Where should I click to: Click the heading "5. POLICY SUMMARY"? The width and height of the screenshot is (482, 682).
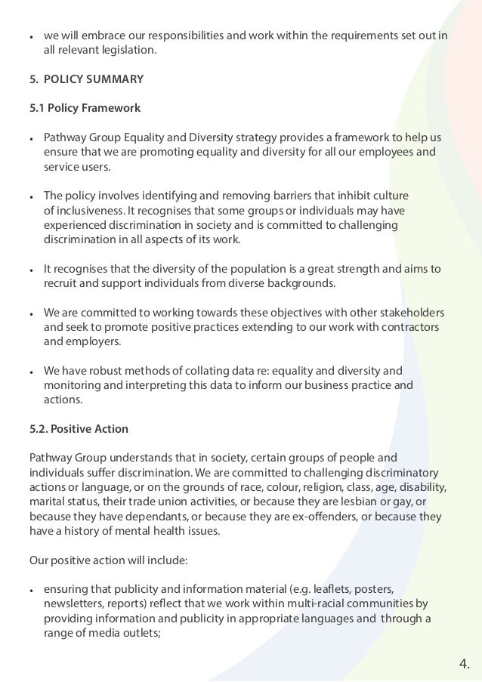[x=86, y=79]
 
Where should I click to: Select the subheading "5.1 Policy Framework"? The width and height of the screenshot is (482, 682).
[x=85, y=108]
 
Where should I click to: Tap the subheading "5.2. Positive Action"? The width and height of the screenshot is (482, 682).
[x=79, y=429]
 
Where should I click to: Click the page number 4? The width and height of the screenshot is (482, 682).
[x=464, y=665]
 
